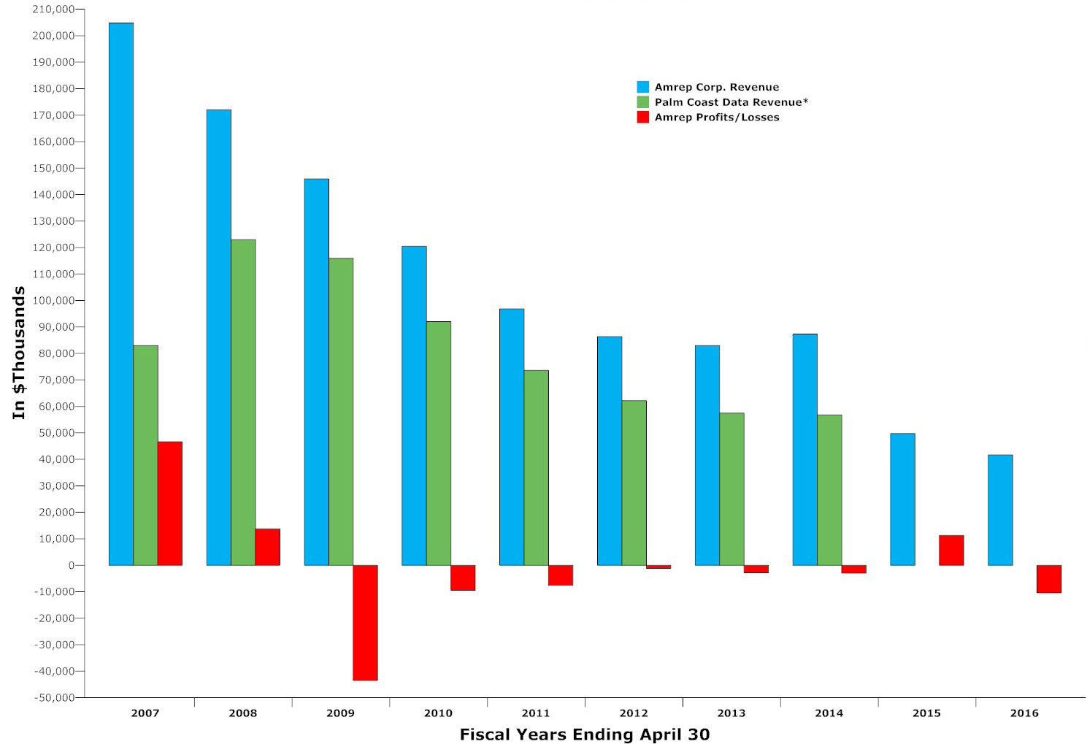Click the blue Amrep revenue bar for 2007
[121, 294]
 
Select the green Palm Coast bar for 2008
[243, 402]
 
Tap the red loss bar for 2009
[366, 623]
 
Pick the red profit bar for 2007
[170, 503]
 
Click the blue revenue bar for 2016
[1000, 510]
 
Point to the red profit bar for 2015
[951, 551]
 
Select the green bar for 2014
[829, 490]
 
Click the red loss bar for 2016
[1049, 579]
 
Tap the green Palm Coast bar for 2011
[537, 468]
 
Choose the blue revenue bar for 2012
[610, 451]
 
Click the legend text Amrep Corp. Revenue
[717, 88]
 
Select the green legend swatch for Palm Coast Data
[643, 102]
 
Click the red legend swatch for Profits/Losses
[643, 117]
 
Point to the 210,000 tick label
[54, 9]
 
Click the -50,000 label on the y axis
[54, 697]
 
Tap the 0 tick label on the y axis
[72, 565]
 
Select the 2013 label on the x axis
[731, 713]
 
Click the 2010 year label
[438, 713]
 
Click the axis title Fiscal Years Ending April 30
[585, 735]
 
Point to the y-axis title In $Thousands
[19, 353]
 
